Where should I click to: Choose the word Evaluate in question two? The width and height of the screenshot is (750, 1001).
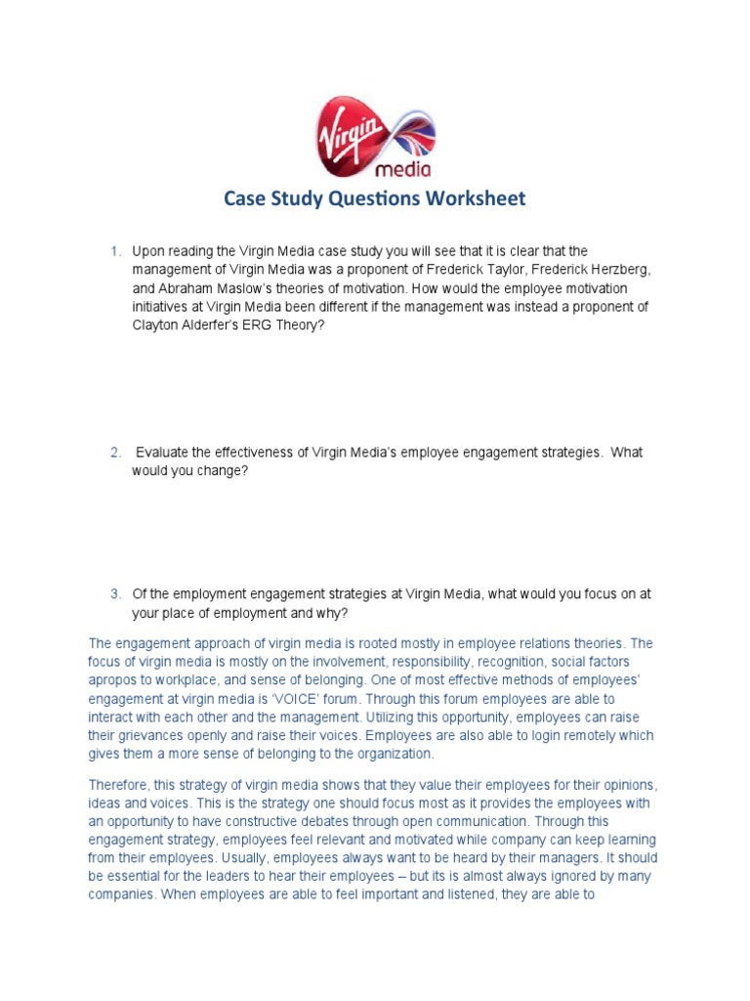(165, 453)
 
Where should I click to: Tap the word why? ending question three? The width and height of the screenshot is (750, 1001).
(333, 613)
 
